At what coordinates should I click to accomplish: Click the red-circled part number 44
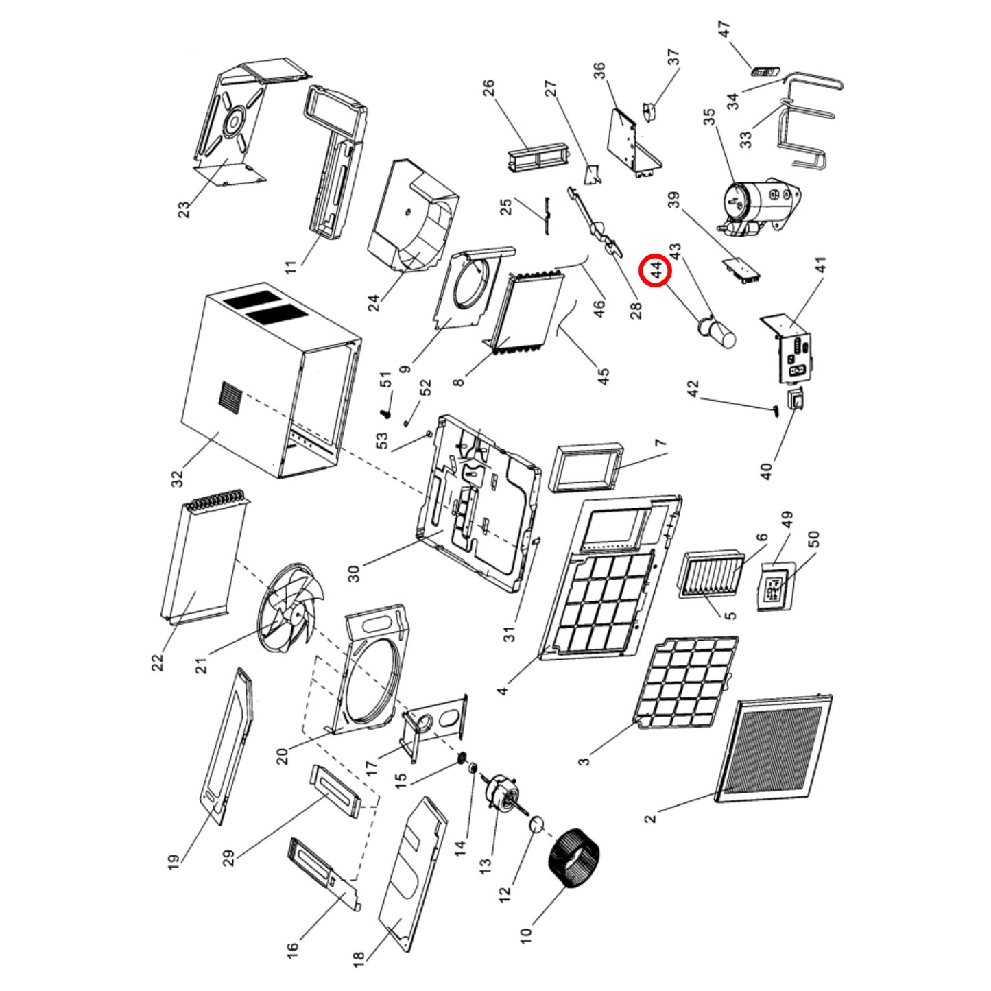656,270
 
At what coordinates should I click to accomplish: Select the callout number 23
184,209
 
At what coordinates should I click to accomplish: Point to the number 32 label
176,479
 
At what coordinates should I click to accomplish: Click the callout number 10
525,935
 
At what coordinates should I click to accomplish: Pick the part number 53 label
382,440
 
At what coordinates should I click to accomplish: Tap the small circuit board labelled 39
741,270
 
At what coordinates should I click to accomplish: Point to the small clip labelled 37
649,111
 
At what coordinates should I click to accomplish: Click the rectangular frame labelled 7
587,468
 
